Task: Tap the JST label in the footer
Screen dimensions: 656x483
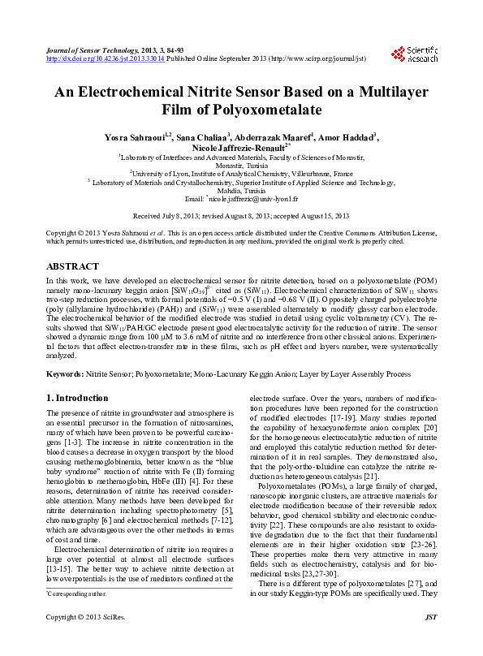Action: (431, 641)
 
